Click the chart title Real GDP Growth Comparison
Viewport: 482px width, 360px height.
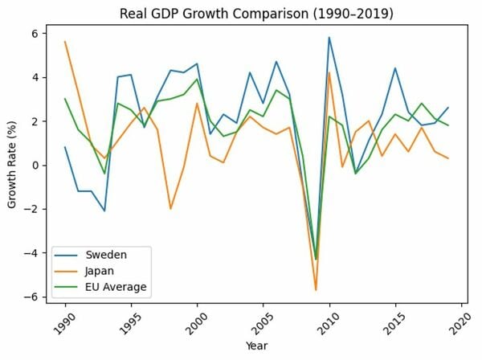[251, 14]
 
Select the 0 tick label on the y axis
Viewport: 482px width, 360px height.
[35, 166]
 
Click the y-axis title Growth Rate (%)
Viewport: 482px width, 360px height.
[13, 166]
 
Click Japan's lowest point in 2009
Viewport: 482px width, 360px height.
[316, 290]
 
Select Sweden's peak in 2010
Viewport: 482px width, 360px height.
[329, 38]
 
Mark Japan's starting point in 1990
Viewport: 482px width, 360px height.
[65, 42]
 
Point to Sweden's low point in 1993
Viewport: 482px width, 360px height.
[104, 211]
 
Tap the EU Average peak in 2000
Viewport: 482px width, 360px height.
[197, 80]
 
